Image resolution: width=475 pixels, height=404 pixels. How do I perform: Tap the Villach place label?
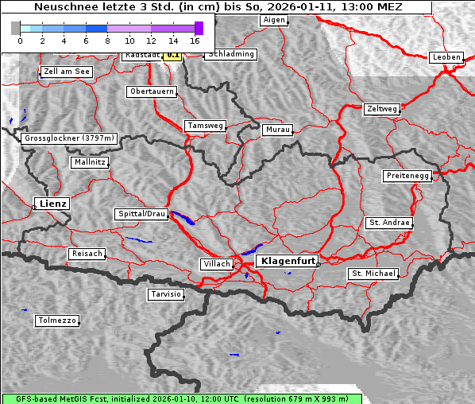(216, 264)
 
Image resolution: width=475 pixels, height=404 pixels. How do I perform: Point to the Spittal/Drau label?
(141, 214)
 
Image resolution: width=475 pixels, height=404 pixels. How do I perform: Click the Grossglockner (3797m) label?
(69, 138)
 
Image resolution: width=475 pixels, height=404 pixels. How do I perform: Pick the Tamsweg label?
(206, 126)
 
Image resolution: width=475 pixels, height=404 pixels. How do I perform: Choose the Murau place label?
(278, 129)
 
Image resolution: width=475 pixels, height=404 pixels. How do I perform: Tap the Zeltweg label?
(381, 109)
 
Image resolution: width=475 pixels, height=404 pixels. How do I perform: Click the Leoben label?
(446, 57)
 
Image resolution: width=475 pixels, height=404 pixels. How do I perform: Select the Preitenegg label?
(407, 176)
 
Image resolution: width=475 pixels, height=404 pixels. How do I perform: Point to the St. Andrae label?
(388, 223)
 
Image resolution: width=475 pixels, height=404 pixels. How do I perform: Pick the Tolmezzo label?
(57, 321)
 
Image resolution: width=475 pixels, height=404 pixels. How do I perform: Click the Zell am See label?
(67, 72)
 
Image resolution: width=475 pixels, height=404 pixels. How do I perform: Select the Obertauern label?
(151, 91)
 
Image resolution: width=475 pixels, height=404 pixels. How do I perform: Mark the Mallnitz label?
(89, 162)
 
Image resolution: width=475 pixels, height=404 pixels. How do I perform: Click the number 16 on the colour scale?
(195, 40)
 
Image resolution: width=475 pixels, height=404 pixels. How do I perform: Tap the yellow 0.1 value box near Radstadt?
(172, 56)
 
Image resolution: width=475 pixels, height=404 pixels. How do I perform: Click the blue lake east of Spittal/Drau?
(182, 217)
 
